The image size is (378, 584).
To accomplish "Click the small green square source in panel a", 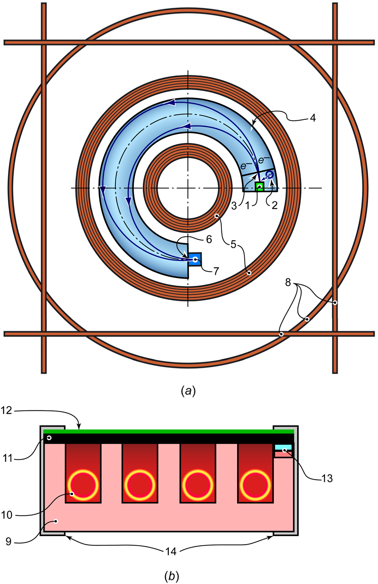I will pos(259,187).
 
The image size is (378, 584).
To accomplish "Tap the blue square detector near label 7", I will pos(195,260).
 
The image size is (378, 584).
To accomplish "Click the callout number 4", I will pos(313,118).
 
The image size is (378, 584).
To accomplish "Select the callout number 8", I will pos(288,283).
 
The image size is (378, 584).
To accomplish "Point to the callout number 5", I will pos(234,244).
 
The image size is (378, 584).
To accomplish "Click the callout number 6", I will pos(209,239).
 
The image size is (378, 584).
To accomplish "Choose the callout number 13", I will pos(327,479).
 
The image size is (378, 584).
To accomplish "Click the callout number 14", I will pos(171,551).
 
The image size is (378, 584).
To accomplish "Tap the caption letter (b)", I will pos(171,576).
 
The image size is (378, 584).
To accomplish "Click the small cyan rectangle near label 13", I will pos(283,447).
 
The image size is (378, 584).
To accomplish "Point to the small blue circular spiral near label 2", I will pos(269,175).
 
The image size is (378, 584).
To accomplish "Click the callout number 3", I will pos(234,206).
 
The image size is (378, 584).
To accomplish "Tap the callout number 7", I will pos(216,271).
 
